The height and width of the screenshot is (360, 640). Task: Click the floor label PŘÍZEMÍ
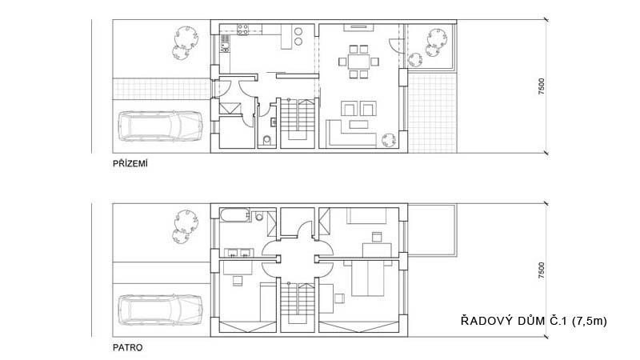[x=130, y=163]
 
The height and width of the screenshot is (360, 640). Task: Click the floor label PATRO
[x=128, y=348]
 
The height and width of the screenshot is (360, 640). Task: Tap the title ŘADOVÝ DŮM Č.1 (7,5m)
[x=534, y=321]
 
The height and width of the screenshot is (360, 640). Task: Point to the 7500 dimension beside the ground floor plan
[x=542, y=86]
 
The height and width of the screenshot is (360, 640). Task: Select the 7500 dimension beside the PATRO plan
[x=542, y=270]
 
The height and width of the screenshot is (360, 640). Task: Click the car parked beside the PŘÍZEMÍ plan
[x=160, y=126]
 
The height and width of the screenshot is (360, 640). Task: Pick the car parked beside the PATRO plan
[x=160, y=310]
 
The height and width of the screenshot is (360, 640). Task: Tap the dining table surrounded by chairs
[x=358, y=62]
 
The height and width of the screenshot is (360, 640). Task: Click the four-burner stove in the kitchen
[x=243, y=30]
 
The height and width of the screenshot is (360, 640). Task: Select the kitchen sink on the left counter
[x=225, y=43]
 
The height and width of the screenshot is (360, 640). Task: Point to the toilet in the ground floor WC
[x=267, y=141]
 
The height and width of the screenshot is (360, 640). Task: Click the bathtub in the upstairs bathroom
[x=234, y=215]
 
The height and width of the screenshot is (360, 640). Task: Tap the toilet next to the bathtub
[x=258, y=215]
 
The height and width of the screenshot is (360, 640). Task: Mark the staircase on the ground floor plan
[x=298, y=122]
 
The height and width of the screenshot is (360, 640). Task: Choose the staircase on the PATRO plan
[x=298, y=306]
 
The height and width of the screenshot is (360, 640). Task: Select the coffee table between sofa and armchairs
[x=358, y=124]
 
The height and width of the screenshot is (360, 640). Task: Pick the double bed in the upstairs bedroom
[x=368, y=278]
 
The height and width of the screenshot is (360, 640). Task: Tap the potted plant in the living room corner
[x=389, y=140]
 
